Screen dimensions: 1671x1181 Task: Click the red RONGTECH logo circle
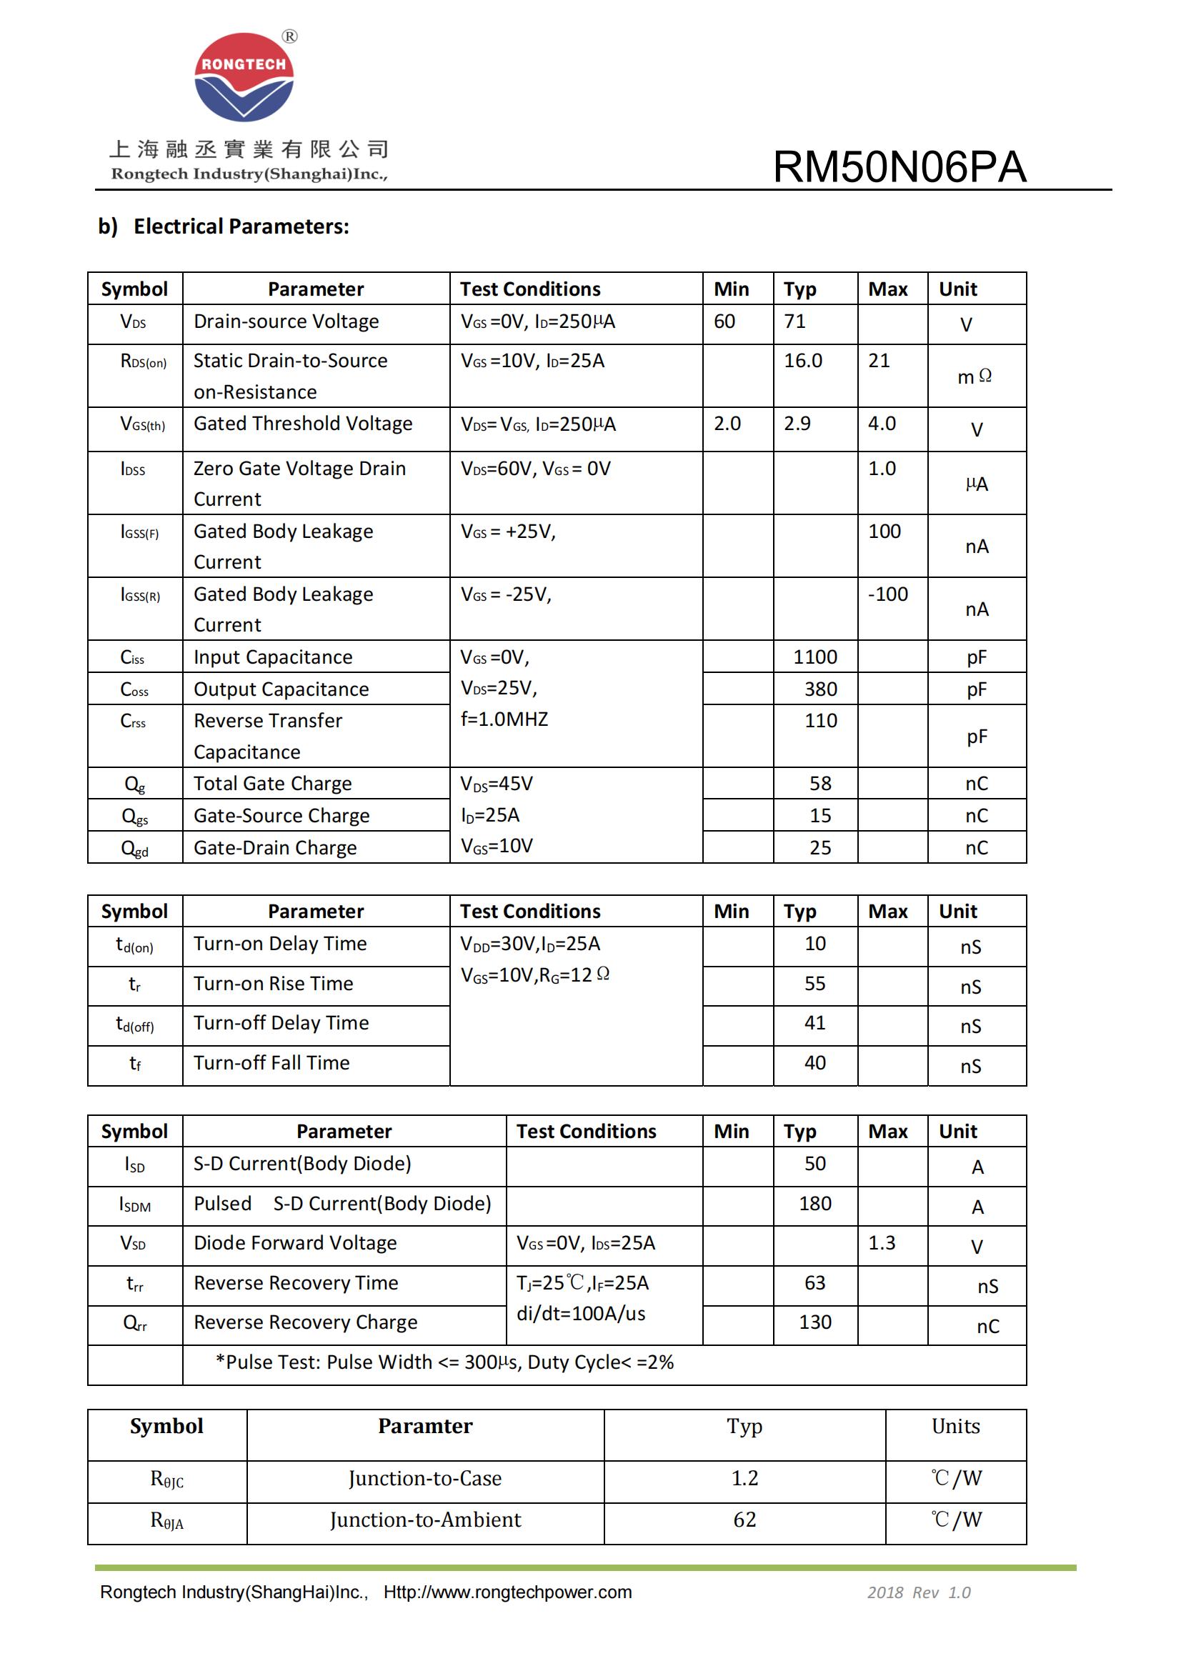244,76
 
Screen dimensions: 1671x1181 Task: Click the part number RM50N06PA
899,166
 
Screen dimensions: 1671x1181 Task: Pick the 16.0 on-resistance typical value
802,360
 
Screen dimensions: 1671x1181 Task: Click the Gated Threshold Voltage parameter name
303,424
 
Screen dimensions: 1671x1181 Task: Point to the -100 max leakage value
888,594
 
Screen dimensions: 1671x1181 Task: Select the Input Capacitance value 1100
815,657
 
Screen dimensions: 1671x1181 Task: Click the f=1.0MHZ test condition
504,719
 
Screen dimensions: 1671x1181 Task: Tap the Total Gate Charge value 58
820,783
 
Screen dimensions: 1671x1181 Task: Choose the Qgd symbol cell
134,848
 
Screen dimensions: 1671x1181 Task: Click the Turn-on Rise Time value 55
815,983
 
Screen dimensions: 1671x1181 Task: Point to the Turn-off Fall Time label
271,1062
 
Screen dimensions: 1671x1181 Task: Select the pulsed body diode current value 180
815,1203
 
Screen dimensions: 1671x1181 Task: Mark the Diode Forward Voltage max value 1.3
881,1242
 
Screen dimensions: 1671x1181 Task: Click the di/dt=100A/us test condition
581,1313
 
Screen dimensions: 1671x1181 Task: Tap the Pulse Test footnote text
444,1362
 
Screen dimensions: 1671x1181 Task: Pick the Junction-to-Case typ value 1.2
744,1477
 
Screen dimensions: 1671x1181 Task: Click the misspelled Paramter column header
425,1426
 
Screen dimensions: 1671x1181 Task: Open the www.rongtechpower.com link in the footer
507,1592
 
